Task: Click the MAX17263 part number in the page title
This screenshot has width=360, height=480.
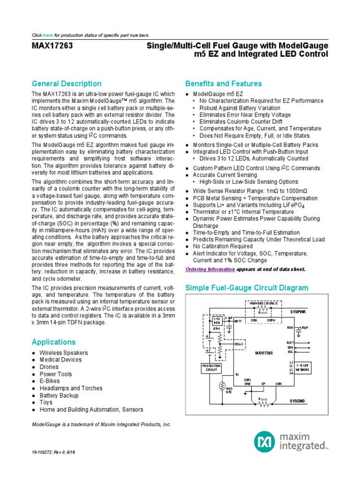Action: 52,46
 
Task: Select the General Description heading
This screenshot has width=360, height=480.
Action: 66,83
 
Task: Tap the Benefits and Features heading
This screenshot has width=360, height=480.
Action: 223,83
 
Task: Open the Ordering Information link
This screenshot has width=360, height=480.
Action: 210,269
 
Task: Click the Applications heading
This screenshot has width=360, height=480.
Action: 53,342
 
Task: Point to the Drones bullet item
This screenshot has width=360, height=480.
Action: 49,367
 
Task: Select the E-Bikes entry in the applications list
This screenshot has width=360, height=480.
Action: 50,381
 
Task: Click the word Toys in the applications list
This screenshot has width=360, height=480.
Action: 46,402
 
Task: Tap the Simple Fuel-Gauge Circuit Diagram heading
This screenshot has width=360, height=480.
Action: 247,287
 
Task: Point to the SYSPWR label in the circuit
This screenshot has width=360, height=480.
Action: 297,312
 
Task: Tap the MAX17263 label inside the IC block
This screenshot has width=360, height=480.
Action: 265,352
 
